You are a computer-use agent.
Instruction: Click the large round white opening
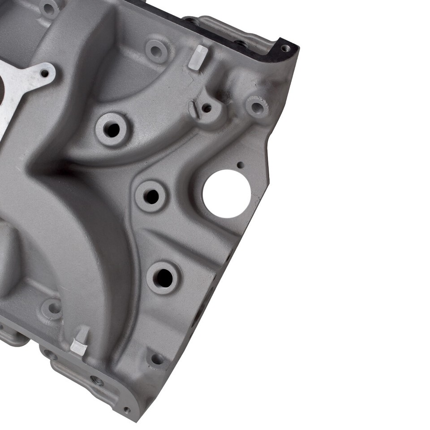tap(226, 193)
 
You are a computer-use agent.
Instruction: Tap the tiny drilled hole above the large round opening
tap(241, 165)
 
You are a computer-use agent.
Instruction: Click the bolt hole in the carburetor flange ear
tap(44, 73)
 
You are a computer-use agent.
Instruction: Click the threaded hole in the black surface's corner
tap(285, 48)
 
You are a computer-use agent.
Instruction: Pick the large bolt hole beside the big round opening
tap(151, 196)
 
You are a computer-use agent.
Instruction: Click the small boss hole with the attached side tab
tap(206, 107)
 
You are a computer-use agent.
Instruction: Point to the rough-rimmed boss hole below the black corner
tap(257, 107)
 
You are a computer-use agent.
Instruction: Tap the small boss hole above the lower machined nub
tap(53, 308)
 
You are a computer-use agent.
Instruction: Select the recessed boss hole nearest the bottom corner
tap(157, 359)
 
